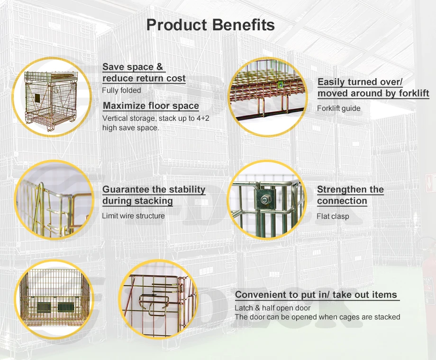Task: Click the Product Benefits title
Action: pos(210,25)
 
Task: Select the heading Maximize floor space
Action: pos(151,106)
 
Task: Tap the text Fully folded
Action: pos(121,90)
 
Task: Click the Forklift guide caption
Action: pos(338,108)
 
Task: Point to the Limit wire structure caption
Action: pos(133,216)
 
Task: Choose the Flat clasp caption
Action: pos(333,216)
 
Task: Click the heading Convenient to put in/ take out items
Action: pos(316,295)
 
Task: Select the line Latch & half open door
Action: pos(272,308)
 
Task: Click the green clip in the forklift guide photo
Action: pos(281,85)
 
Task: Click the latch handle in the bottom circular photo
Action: pos(155,300)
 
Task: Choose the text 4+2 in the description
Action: pos(200,118)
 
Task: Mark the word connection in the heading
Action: pos(342,201)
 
